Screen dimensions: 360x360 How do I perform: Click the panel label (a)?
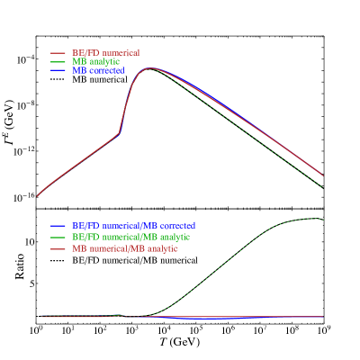tap(42, 43)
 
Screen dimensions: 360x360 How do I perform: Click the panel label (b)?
tap(42, 216)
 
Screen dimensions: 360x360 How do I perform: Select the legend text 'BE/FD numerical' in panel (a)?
tap(105, 53)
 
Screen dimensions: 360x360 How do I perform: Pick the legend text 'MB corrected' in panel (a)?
tap(98, 69)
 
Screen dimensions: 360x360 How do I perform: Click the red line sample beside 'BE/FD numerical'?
tap(58, 53)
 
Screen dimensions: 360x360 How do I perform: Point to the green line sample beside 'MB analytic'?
tap(58, 61)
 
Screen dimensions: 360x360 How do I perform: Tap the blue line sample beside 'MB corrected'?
tap(58, 69)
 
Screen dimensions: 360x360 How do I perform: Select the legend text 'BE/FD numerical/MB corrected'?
tap(134, 224)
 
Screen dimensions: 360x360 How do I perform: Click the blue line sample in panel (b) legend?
tap(58, 225)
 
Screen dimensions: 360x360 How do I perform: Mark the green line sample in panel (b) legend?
tap(58, 236)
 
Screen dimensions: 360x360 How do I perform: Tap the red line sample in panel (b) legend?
tap(58, 247)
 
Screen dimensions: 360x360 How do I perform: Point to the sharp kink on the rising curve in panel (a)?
tap(120, 133)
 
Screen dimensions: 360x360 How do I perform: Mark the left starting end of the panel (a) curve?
tap(37, 195)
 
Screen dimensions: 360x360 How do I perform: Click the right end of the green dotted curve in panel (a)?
tap(323, 187)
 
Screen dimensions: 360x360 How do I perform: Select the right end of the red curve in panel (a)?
tap(323, 175)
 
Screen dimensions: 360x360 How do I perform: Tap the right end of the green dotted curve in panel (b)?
tap(323, 220)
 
